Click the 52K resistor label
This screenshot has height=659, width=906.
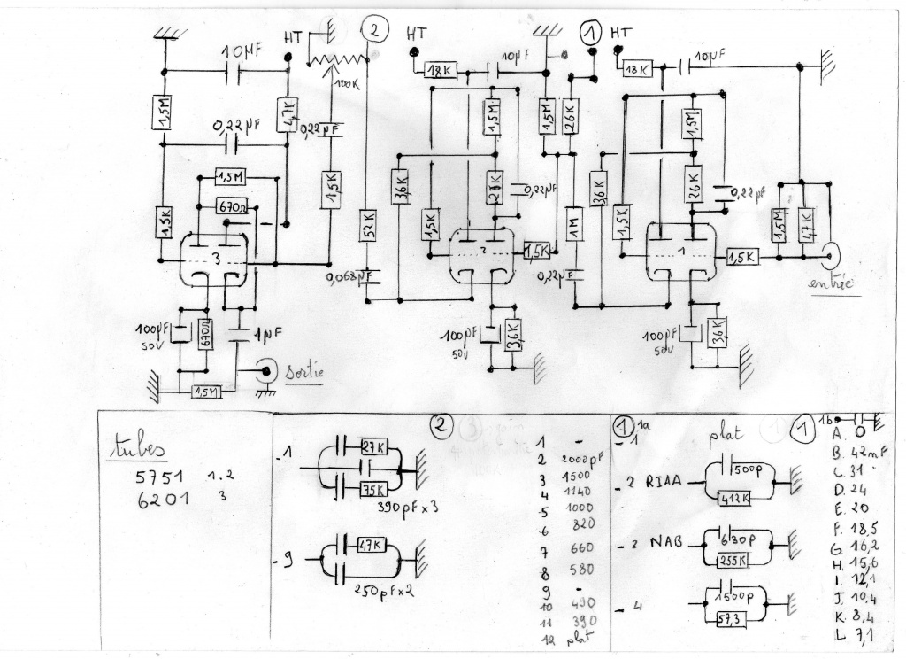pyautogui.click(x=369, y=226)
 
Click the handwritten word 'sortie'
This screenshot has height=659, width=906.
pyautogui.click(x=303, y=373)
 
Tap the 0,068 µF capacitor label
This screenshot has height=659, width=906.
pyautogui.click(x=351, y=277)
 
